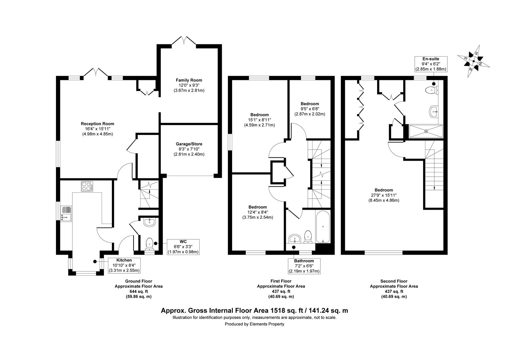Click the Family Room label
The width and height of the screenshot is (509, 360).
click(x=189, y=80)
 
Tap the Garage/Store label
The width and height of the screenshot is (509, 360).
click(x=189, y=144)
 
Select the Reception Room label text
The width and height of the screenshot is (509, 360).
click(x=98, y=124)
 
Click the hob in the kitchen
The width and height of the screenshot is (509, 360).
click(x=87, y=186)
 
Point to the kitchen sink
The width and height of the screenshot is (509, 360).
click(x=66, y=214)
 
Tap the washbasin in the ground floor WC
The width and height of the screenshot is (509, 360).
click(x=150, y=222)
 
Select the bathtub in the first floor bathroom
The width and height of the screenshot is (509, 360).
click(x=323, y=227)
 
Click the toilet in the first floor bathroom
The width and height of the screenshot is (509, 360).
click(x=308, y=237)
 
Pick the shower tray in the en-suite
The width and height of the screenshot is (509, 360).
click(x=426, y=131)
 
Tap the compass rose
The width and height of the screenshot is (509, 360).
click(x=474, y=61)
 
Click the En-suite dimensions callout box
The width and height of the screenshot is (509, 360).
click(x=431, y=64)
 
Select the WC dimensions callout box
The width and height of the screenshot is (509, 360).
click(x=183, y=247)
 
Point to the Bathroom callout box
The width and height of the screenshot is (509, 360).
click(x=304, y=266)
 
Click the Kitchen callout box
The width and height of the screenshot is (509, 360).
click(x=124, y=265)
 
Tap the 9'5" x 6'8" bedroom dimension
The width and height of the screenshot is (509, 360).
click(x=310, y=109)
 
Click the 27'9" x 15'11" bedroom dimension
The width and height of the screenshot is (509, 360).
click(x=384, y=195)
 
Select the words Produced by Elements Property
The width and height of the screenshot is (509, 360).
click(x=254, y=324)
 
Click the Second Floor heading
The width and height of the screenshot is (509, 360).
click(x=394, y=281)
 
